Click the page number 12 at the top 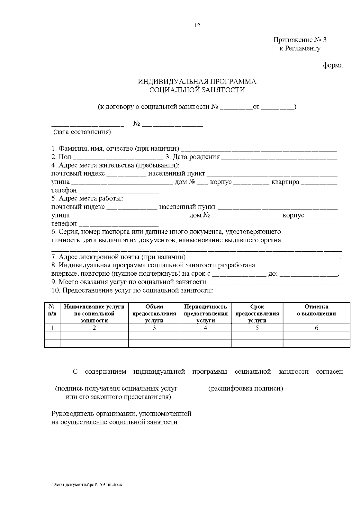pyautogui.click(x=197, y=25)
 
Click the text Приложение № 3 pyautogui.click(x=300, y=40)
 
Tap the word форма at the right pyautogui.click(x=333, y=65)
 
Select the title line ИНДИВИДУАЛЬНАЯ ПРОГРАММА pyautogui.click(x=197, y=82)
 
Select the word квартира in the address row pyautogui.click(x=285, y=182)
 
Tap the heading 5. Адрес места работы pyautogui.click(x=87, y=199)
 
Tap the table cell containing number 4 pyautogui.click(x=205, y=328)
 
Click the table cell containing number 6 pyautogui.click(x=316, y=328)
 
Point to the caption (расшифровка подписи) pyautogui.click(x=246, y=389)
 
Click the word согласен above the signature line pyautogui.click(x=329, y=372)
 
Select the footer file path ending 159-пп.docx pyautogui.click(x=87, y=485)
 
